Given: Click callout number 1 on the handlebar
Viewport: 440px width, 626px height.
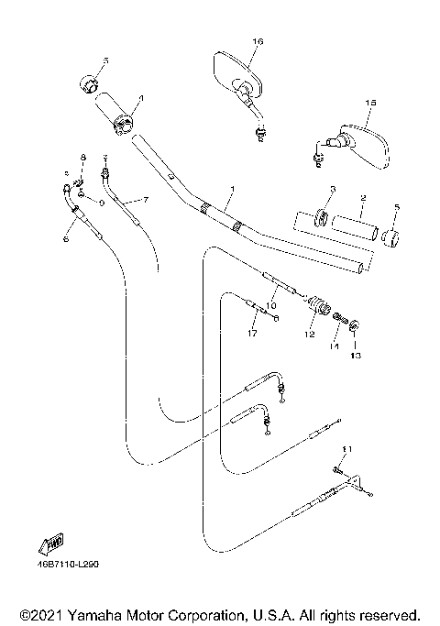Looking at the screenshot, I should pyautogui.click(x=233, y=190).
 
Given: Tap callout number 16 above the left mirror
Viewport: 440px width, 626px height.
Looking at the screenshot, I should pyautogui.click(x=258, y=42).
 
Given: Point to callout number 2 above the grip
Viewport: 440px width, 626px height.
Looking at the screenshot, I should pyautogui.click(x=363, y=198).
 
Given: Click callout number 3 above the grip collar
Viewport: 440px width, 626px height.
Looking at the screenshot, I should pyautogui.click(x=332, y=190).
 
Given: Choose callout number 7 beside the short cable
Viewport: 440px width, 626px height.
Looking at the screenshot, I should pyautogui.click(x=145, y=199).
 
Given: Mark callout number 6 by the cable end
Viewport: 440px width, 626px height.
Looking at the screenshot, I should pyautogui.click(x=65, y=239).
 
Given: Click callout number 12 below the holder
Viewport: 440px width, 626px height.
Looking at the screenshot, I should pyautogui.click(x=309, y=335).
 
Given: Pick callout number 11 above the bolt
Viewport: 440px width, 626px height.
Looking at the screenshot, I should pyautogui.click(x=346, y=448).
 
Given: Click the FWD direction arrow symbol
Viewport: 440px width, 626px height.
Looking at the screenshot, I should pyautogui.click(x=49, y=544).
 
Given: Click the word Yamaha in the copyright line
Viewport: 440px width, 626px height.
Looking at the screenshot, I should pyautogui.click(x=91, y=614).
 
